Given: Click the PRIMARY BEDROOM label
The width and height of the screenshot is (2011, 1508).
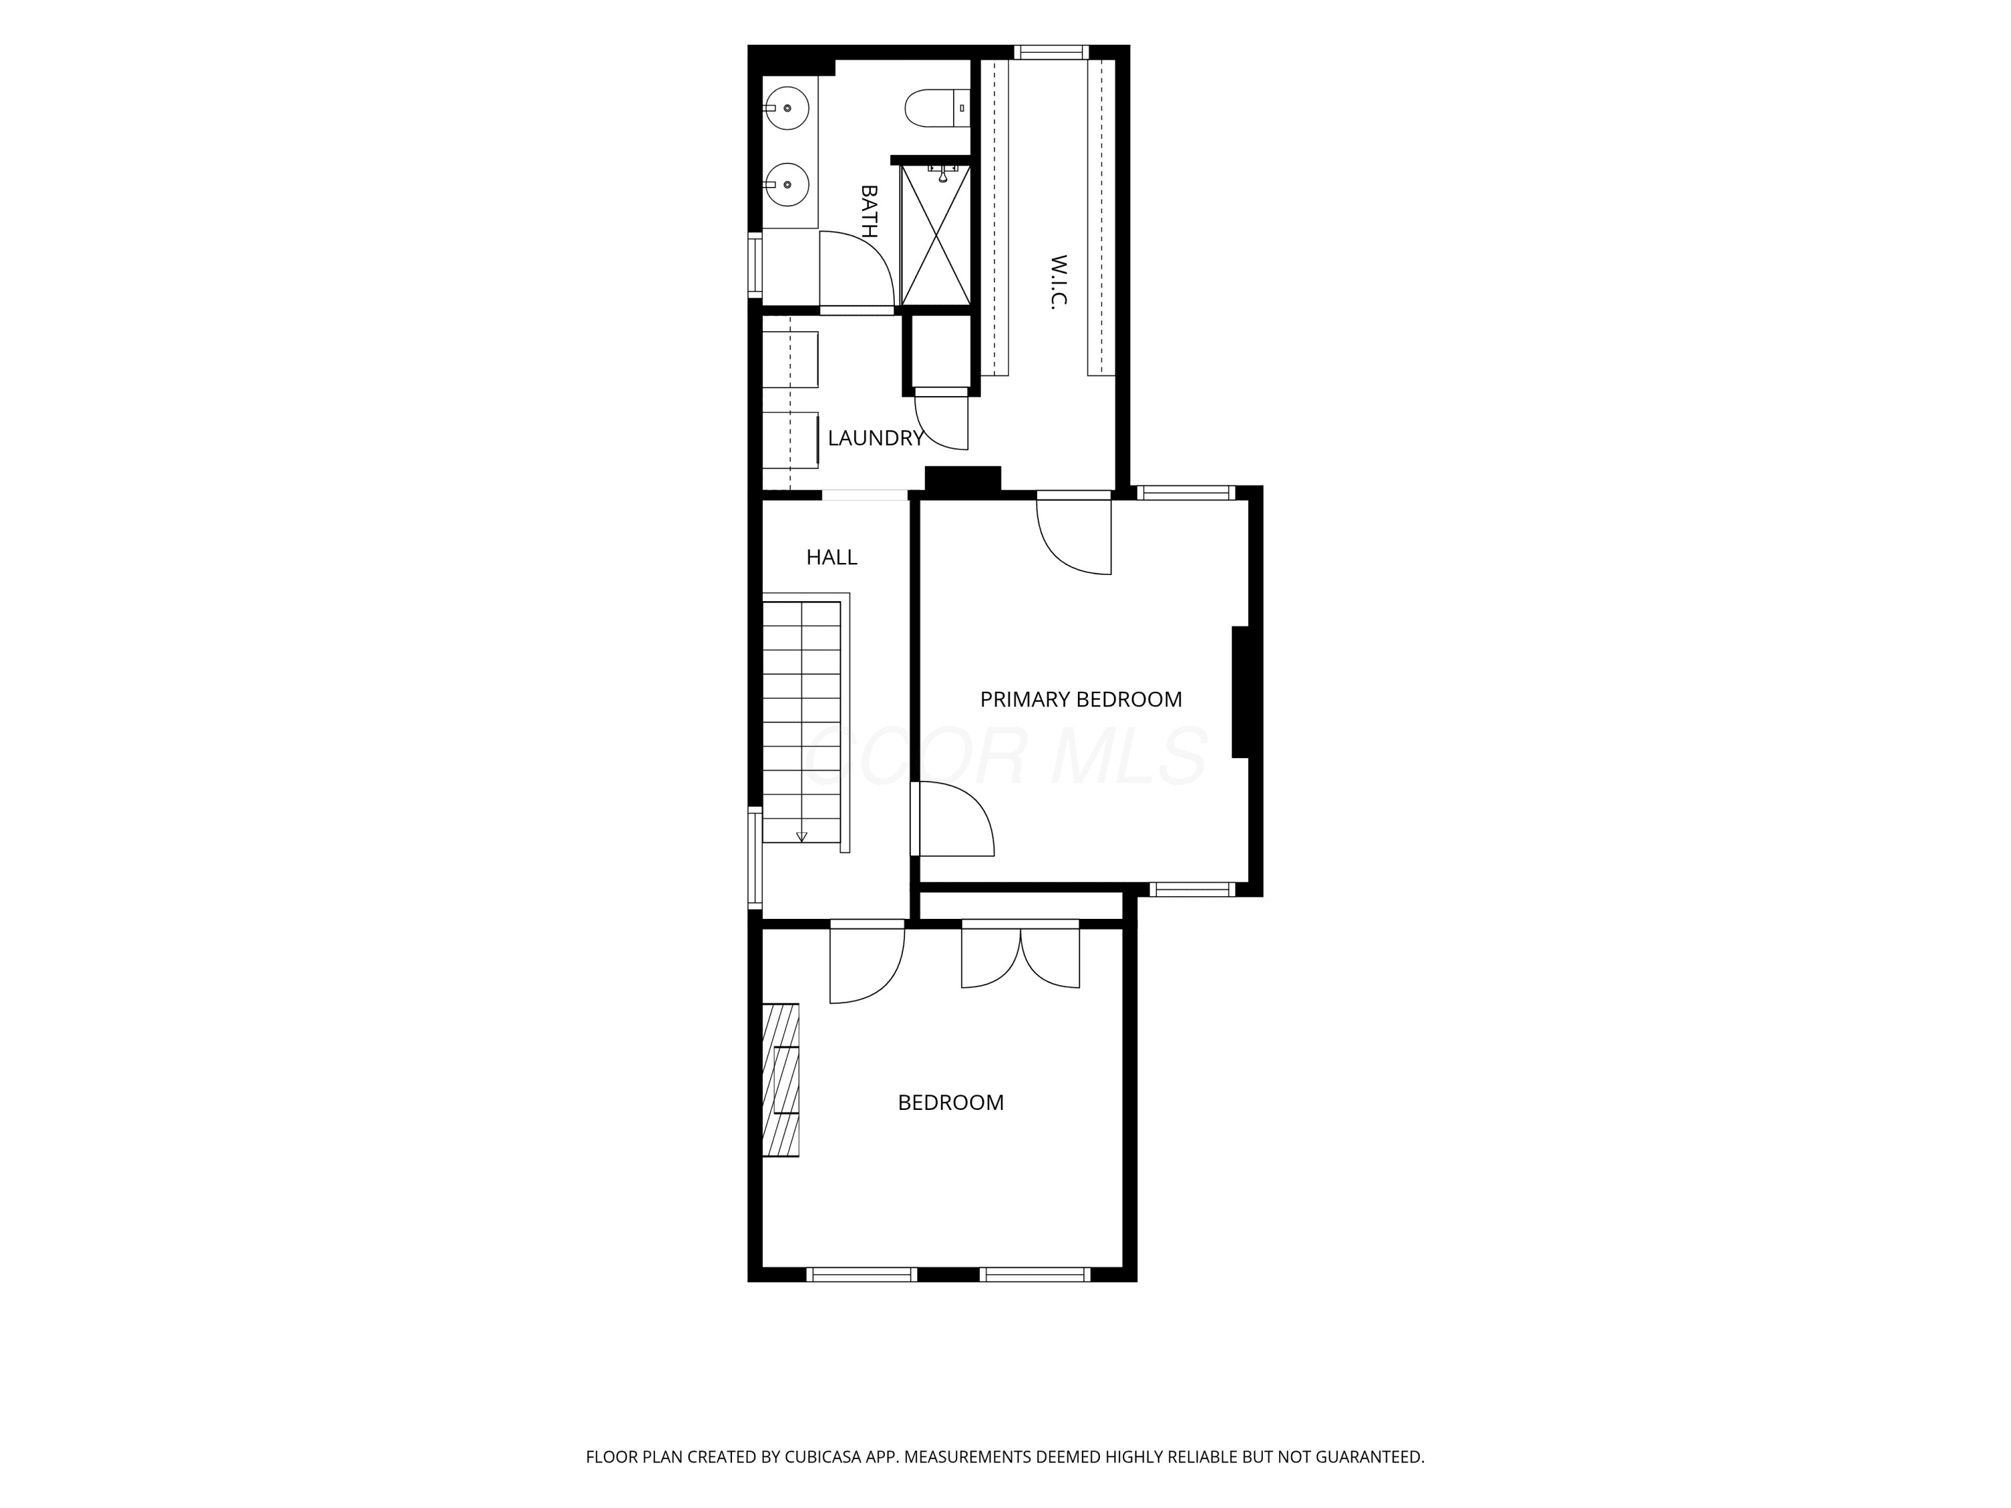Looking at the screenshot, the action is [1081, 699].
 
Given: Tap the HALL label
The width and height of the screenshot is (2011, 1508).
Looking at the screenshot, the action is [832, 557].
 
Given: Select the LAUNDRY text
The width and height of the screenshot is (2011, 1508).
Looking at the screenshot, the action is [875, 438].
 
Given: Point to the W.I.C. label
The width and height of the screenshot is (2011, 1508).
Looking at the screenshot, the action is [1058, 281].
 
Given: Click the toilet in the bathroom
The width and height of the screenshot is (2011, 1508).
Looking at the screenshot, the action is [937, 107].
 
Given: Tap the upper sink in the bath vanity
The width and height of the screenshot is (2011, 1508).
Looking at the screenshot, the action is [786, 108].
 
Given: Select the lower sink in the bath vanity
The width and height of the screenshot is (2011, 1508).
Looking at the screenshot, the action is [786, 184].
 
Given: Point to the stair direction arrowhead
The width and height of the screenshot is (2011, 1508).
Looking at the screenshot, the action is [802, 836].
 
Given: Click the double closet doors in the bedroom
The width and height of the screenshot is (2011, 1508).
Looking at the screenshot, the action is [1021, 954].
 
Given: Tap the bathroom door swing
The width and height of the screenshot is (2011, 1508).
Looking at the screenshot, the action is [857, 269].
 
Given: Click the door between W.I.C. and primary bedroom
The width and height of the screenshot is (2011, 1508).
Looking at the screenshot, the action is [1074, 534].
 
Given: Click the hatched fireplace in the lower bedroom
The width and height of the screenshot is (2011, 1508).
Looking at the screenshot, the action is [780, 1080].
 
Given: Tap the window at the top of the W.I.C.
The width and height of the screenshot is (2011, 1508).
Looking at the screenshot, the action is [1051, 52].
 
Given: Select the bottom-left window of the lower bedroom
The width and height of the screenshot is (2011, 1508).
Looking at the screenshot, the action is [862, 1274].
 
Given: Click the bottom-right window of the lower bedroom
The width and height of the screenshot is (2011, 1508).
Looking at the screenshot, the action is [1036, 1274].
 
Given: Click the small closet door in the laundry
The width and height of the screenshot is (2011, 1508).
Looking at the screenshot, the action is [942, 419].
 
